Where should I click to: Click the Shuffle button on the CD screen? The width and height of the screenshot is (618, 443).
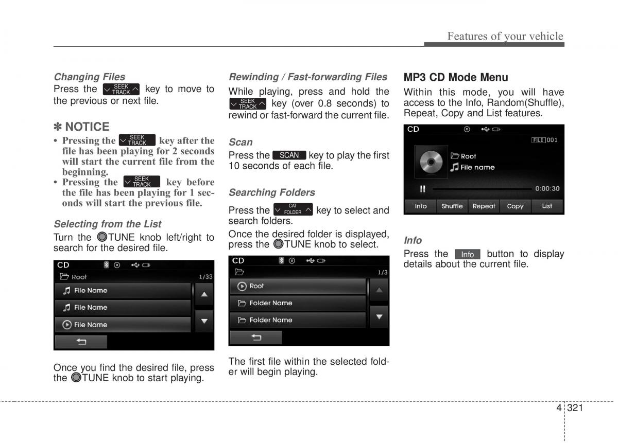coord(452,206)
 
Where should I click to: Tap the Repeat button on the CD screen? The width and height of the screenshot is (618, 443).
coord(484,206)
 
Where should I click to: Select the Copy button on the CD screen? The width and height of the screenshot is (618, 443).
coord(515,206)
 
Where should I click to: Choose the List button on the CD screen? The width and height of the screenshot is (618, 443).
coord(547,206)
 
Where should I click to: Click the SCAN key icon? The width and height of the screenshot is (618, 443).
coord(289,155)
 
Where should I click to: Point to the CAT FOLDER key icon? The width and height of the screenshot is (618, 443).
coord(293,209)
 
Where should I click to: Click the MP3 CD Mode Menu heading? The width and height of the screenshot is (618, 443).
coord(455,77)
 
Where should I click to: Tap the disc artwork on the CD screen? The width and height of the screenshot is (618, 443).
coord(431,162)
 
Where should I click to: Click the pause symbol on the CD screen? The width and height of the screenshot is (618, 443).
coord(422,189)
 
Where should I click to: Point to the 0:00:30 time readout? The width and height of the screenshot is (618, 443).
coord(547,188)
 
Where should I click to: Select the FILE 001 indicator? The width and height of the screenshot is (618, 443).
coord(544,140)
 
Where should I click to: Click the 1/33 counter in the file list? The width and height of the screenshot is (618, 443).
coord(205,277)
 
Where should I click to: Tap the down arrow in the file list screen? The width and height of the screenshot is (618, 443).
coord(204,321)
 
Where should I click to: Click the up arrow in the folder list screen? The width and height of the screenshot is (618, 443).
coord(380,290)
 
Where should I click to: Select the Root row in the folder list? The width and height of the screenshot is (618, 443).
coord(298,286)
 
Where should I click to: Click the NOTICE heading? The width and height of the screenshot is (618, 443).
coord(81,127)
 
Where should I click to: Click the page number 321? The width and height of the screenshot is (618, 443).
coord(575,407)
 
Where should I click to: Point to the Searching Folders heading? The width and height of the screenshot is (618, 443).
coord(272,192)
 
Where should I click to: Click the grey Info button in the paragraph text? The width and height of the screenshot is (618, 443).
coord(468,254)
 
